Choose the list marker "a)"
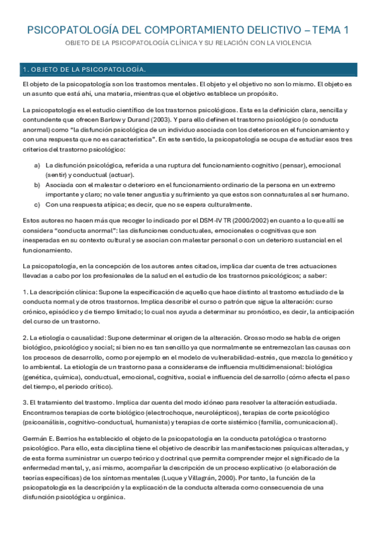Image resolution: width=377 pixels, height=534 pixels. click(37, 165)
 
